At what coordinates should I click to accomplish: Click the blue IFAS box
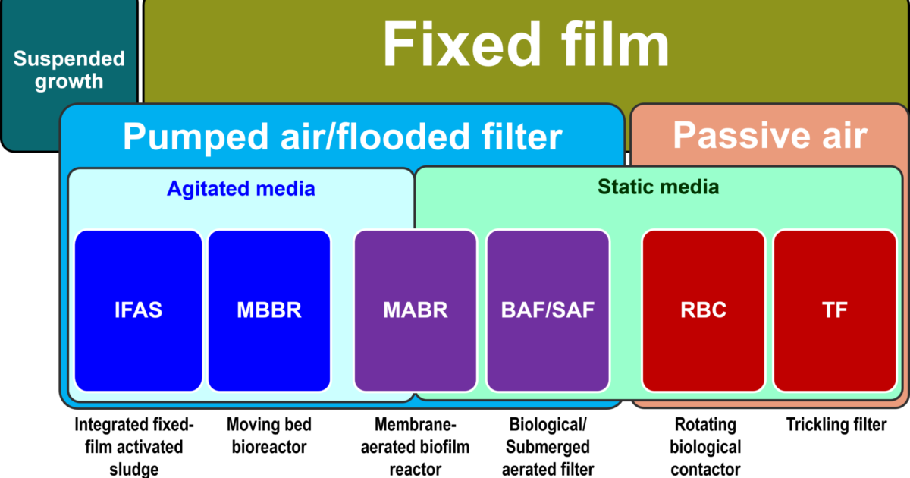click(139, 310)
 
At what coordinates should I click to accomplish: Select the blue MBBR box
click(269, 310)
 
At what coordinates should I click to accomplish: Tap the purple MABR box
click(415, 310)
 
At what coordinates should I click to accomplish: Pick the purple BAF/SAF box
click(548, 310)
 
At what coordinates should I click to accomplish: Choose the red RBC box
click(703, 310)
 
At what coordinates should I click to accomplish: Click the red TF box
click(834, 310)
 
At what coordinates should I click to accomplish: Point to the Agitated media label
click(240, 188)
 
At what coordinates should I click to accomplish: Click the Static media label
click(658, 186)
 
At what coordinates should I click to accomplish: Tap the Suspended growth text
click(69, 71)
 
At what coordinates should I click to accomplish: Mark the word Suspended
click(69, 59)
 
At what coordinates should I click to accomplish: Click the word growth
click(69, 82)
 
